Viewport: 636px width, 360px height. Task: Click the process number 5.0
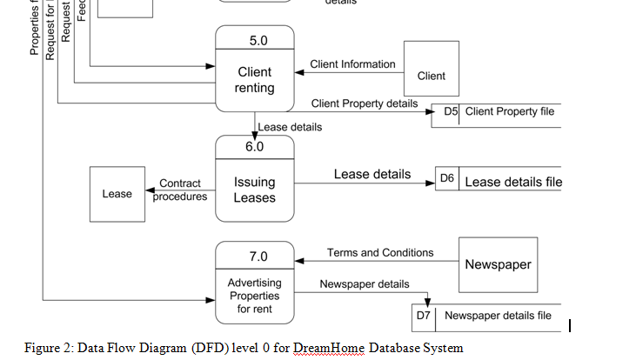point(258,41)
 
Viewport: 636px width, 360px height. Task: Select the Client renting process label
point(255,80)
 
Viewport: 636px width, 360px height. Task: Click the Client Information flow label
point(352,63)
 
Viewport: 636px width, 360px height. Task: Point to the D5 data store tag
point(451,111)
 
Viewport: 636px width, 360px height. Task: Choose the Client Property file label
point(509,111)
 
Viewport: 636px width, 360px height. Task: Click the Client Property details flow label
point(365,103)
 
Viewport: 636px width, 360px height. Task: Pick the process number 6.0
point(254,147)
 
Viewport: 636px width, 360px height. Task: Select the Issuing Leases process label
point(254,190)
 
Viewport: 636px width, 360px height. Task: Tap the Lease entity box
point(117,194)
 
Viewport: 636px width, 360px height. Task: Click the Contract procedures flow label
point(180,190)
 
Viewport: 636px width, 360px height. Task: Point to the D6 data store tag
point(447,177)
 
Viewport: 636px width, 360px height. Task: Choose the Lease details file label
point(513,182)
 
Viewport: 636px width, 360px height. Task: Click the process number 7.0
point(258,257)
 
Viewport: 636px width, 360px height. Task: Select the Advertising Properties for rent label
point(254,296)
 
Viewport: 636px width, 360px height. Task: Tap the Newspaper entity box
point(498,264)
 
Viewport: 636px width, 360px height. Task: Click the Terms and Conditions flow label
point(380,252)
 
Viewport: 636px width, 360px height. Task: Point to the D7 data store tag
point(424,316)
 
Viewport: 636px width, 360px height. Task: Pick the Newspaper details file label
point(498,316)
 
